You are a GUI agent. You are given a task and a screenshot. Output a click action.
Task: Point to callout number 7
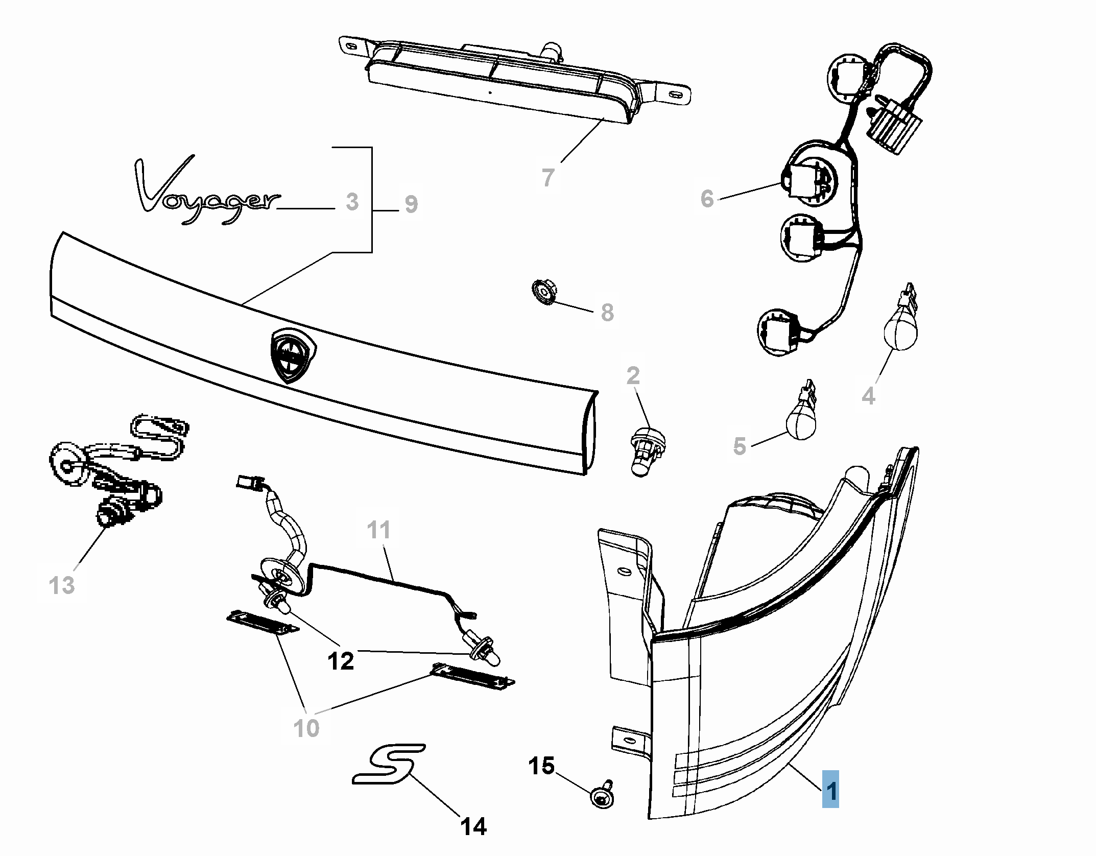548,177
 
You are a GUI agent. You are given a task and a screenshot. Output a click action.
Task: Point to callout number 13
62,585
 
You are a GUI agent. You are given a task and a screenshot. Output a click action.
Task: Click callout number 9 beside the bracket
411,204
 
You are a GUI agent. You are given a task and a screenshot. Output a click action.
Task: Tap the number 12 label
341,661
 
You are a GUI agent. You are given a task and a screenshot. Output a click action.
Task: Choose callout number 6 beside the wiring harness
707,199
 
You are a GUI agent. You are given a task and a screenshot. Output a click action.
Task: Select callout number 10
306,728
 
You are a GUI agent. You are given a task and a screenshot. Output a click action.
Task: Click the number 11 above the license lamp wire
378,530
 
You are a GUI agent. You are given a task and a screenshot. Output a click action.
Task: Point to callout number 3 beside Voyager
352,202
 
